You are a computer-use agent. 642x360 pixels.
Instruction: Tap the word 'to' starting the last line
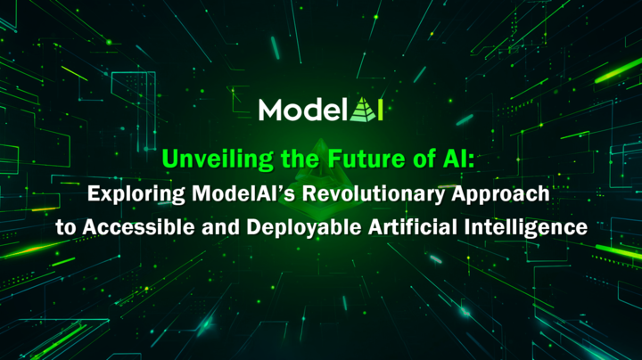pos(64,226)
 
